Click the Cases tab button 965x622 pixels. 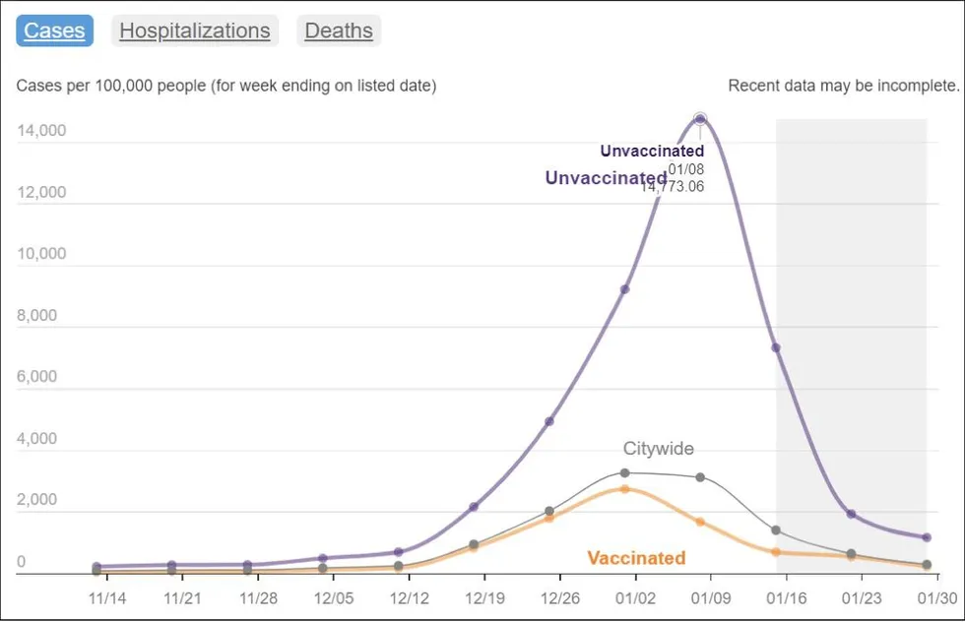click(x=55, y=31)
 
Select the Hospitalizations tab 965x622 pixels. click(x=195, y=31)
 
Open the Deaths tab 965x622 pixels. click(x=339, y=31)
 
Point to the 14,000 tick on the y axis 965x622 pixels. click(x=41, y=131)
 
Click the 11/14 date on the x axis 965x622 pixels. click(x=107, y=597)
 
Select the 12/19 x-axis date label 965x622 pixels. click(x=483, y=597)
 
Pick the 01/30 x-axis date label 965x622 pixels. click(x=936, y=597)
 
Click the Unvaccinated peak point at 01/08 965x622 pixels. click(x=700, y=119)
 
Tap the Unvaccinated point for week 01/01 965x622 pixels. click(x=625, y=289)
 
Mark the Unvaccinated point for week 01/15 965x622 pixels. click(x=776, y=347)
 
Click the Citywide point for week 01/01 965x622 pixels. click(x=625, y=473)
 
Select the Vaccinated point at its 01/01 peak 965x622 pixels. click(x=625, y=489)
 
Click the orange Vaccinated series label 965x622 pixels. click(x=636, y=558)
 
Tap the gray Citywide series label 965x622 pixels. click(x=658, y=449)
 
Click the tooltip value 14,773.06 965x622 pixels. click(x=673, y=187)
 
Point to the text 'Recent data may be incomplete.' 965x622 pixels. click(x=843, y=86)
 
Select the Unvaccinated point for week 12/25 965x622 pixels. click(x=549, y=421)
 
